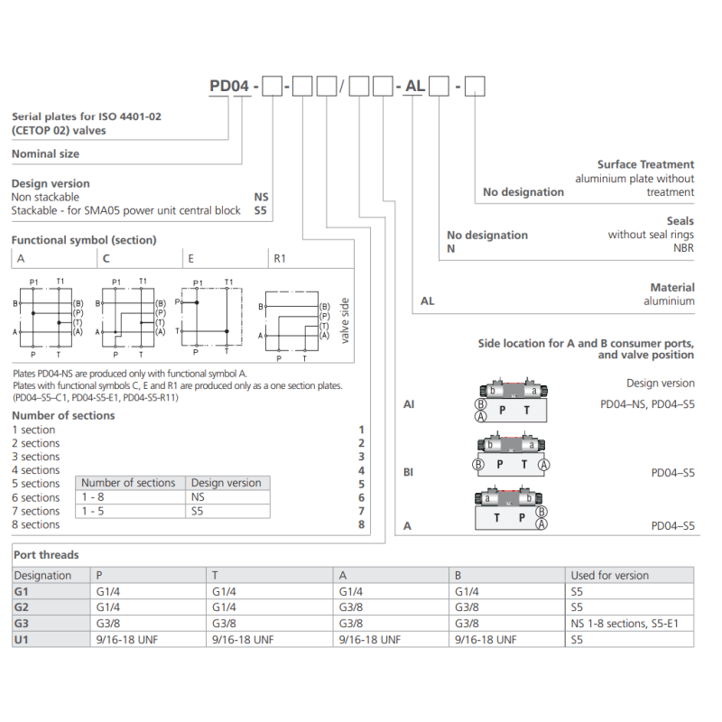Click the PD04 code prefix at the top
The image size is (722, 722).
229,87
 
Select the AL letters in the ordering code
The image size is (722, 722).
414,87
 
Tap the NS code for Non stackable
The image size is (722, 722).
262,197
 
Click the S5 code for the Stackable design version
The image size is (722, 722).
262,210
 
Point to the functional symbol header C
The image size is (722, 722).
106,258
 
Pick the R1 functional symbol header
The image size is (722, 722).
280,258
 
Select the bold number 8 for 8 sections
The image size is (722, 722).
361,524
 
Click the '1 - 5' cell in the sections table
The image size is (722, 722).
93,511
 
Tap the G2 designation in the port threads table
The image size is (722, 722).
22,607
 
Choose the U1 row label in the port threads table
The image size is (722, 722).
22,640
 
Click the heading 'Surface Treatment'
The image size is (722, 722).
645,164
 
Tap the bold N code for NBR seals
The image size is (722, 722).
451,248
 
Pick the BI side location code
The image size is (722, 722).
408,471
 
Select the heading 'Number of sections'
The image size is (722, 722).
63,415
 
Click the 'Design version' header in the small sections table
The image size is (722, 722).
226,483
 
